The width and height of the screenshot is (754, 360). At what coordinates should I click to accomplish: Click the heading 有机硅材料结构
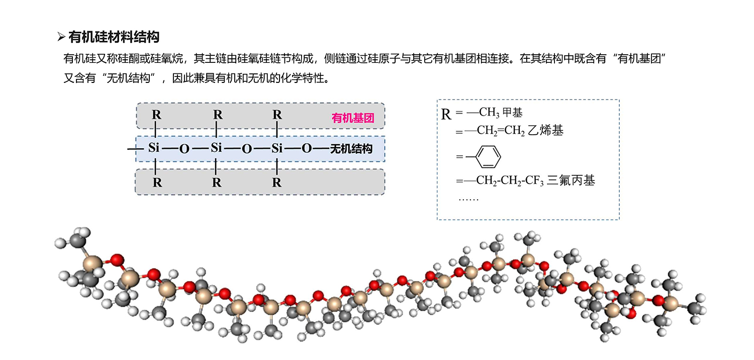(114, 37)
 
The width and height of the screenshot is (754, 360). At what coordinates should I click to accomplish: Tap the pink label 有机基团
(353, 119)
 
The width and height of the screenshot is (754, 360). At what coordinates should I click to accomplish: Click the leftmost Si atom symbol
(154, 148)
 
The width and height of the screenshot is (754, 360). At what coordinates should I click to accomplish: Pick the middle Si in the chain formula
(216, 148)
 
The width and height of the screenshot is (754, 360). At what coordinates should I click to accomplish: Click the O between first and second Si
(184, 149)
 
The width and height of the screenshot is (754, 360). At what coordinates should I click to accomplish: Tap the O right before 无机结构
(307, 149)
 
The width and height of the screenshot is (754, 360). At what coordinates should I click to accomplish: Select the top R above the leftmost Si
(157, 115)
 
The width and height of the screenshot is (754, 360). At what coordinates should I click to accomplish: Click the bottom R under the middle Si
(217, 183)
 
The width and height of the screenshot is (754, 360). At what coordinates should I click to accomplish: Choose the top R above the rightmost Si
(277, 115)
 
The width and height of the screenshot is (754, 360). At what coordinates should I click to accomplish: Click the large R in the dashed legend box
(446, 114)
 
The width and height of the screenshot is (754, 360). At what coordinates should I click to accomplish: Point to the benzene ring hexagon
(488, 157)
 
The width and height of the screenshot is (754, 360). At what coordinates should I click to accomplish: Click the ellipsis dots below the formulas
(468, 199)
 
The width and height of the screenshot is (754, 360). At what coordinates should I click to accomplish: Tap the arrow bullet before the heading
(61, 37)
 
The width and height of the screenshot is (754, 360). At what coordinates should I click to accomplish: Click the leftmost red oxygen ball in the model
(117, 260)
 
